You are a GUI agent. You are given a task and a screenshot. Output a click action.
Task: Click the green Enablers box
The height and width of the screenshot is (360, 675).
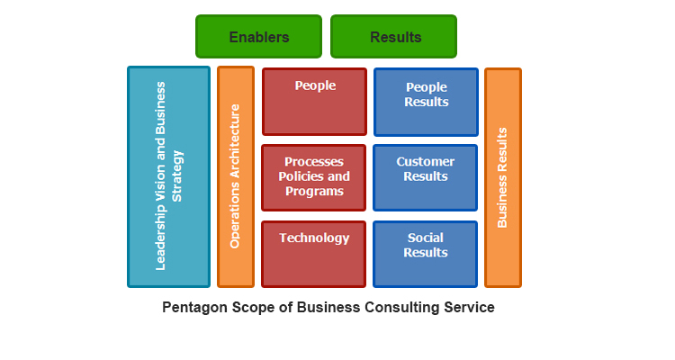pyautogui.click(x=258, y=37)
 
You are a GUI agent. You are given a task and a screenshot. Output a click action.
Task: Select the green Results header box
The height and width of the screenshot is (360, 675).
pyautogui.click(x=393, y=37)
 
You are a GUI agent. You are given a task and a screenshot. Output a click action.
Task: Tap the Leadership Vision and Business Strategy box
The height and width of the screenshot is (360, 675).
pyautogui.click(x=168, y=176)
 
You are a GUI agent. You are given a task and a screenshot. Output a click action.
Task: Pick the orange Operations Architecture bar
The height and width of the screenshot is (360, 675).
pyautogui.click(x=236, y=176)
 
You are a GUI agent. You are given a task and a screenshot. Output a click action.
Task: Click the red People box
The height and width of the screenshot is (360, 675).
pyautogui.click(x=314, y=102)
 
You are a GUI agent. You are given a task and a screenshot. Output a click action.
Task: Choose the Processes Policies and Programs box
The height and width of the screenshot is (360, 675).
pyautogui.click(x=314, y=177)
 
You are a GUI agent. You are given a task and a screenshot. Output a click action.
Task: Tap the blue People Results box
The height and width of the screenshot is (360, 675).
pyautogui.click(x=426, y=102)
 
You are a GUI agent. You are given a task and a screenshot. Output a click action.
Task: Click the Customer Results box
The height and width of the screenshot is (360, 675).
pyautogui.click(x=426, y=177)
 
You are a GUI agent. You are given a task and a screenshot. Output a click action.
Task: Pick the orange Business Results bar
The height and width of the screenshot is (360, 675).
pyautogui.click(x=503, y=177)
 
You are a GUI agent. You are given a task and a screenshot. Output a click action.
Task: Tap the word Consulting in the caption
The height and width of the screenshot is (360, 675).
pyautogui.click(x=400, y=307)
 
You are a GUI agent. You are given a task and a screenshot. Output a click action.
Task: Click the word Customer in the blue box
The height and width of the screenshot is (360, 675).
pyautogui.click(x=426, y=162)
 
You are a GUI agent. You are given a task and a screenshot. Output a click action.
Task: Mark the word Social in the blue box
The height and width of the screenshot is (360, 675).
pyautogui.click(x=426, y=238)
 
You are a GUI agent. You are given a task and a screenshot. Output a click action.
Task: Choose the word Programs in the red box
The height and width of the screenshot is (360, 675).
pyautogui.click(x=314, y=192)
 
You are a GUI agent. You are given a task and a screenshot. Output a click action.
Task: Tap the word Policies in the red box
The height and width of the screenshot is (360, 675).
pyautogui.click(x=302, y=176)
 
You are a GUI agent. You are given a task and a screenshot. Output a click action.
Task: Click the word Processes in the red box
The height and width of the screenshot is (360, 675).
pyautogui.click(x=314, y=162)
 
